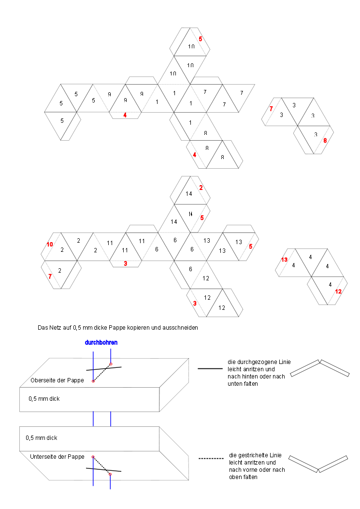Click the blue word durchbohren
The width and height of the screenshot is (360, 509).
pyautogui.click(x=101, y=342)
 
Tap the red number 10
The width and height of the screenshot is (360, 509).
pyautogui.click(x=50, y=245)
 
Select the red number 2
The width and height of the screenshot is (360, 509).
pyautogui.click(x=201, y=187)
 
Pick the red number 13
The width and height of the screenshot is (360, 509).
pyautogui.click(x=285, y=260)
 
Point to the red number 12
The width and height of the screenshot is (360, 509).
pyautogui.click(x=338, y=291)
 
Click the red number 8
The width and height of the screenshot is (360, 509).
pyautogui.click(x=325, y=141)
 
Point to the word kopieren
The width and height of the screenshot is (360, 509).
pyautogui.click(x=147, y=328)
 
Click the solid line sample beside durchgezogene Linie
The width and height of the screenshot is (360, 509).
pyautogui.click(x=210, y=368)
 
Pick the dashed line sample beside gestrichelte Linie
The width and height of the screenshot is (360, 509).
pyautogui.click(x=211, y=458)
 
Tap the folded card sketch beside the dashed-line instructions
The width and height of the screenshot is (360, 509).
pyautogui.click(x=318, y=463)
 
